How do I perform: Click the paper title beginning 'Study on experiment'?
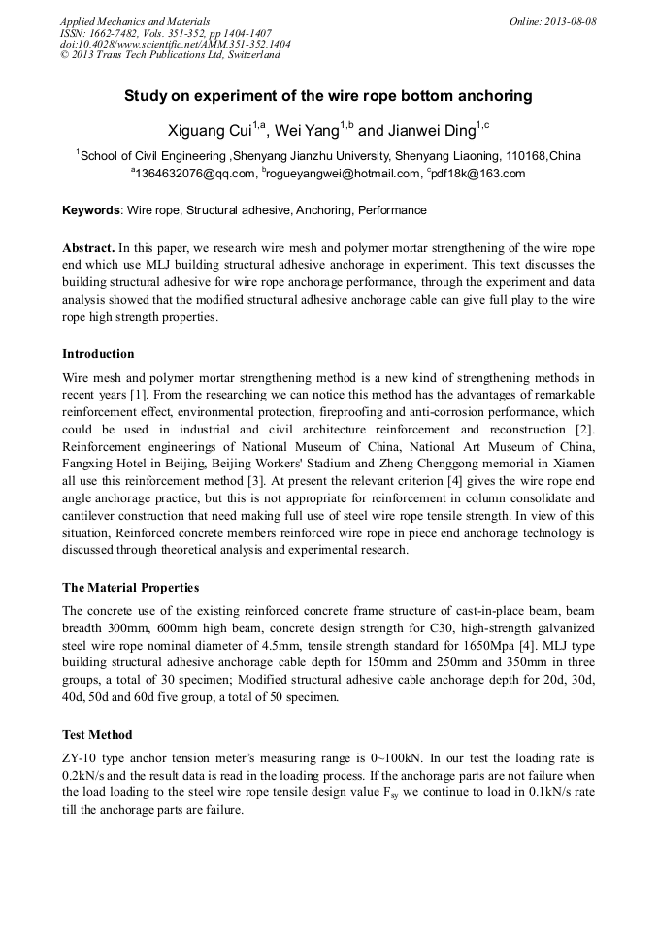[x=328, y=96]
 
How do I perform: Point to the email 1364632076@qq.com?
[x=193, y=175]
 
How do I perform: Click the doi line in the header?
[x=175, y=44]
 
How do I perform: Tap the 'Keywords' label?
[x=91, y=210]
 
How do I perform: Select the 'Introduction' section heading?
[x=98, y=354]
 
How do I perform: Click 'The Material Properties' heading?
[x=130, y=588]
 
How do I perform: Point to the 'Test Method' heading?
[x=97, y=735]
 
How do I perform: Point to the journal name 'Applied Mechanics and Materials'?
[x=134, y=21]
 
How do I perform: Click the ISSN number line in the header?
[x=165, y=32]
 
